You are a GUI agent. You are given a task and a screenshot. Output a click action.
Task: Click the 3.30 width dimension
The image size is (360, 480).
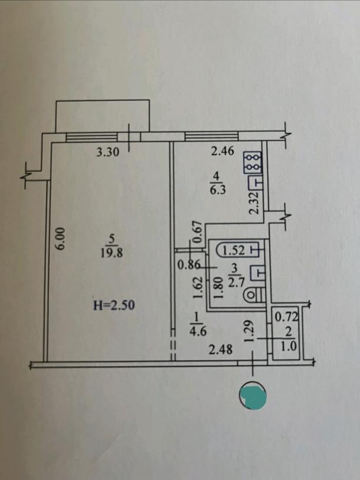click(108, 152)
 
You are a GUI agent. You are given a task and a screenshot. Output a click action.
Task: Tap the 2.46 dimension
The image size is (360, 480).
click(222, 152)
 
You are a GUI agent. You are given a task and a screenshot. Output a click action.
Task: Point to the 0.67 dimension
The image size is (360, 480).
click(198, 231)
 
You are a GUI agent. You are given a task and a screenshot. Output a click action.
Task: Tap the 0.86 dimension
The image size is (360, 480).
click(188, 265)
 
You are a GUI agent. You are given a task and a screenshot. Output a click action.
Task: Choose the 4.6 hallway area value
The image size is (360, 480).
click(197, 331)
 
